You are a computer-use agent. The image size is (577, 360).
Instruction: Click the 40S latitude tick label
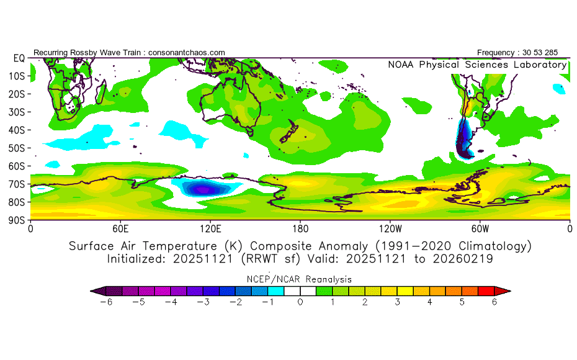16,130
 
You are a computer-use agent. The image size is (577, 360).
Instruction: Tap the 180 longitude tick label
300,228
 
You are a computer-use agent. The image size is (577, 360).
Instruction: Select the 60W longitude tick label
480,228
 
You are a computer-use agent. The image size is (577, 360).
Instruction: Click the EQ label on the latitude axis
19,58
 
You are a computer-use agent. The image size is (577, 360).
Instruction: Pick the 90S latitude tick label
16,220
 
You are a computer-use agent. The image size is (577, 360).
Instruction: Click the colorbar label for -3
202,302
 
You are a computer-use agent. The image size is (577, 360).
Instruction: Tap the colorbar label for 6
494,302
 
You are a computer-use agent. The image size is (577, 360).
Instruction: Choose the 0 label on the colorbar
300,302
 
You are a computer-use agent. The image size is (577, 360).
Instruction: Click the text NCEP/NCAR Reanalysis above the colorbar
300,279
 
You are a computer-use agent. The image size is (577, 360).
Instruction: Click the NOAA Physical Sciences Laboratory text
476,65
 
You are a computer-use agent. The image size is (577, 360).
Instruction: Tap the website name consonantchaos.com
186,52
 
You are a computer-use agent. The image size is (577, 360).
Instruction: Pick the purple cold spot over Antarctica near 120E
204,187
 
